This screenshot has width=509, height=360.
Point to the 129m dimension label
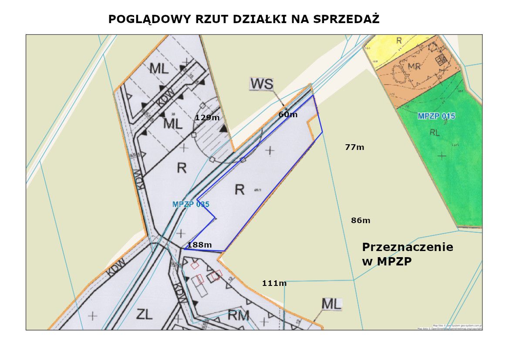(x=207, y=117)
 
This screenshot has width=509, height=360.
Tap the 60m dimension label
(x=288, y=115)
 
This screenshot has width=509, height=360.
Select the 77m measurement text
(x=354, y=147)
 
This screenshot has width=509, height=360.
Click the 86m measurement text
(x=361, y=221)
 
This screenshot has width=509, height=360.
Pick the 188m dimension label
(x=199, y=245)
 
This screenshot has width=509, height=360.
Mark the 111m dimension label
(x=274, y=283)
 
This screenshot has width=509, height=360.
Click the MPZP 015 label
(x=436, y=116)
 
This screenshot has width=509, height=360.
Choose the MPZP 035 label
(x=191, y=204)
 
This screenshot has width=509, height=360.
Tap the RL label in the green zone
(x=435, y=132)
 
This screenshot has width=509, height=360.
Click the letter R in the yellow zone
(x=398, y=41)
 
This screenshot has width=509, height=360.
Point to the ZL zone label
(x=144, y=314)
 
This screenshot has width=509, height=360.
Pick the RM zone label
(x=239, y=315)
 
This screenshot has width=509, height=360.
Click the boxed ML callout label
(x=331, y=304)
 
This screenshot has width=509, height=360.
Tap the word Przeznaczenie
(x=408, y=247)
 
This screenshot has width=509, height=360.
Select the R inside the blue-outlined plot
(x=239, y=189)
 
